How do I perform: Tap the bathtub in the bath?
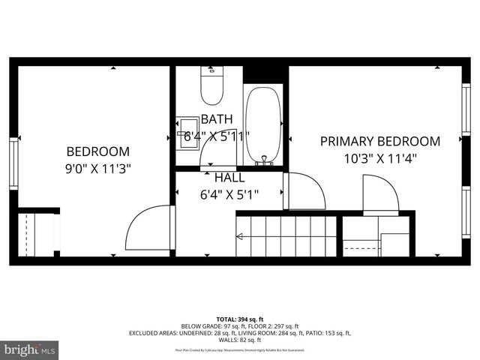tap(263, 124)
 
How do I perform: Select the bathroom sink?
tap(187, 133)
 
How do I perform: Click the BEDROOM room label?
tap(97, 151)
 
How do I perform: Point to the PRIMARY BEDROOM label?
tap(379, 141)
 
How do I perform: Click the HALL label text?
tap(229, 178)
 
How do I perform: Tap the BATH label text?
tap(217, 118)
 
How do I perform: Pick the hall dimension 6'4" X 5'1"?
tap(229, 195)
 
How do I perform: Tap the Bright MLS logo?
tap(30, 349)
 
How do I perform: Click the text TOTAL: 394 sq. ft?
tap(239, 319)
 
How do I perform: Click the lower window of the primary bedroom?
tap(466, 214)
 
